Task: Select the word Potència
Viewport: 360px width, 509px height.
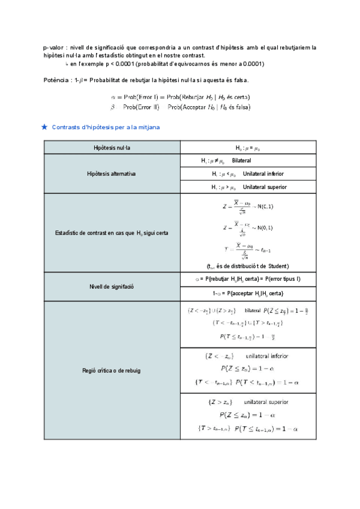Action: click(57, 80)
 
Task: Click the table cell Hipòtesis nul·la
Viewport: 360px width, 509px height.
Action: click(112, 148)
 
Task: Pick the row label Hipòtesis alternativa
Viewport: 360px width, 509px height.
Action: click(112, 174)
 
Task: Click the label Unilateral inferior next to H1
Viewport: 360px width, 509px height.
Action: click(263, 174)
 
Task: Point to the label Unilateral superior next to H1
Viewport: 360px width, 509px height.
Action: click(265, 187)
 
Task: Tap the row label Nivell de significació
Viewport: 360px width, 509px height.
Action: click(112, 287)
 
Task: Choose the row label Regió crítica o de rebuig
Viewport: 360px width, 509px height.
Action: click(112, 371)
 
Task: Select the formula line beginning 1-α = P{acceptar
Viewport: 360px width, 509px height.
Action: click(248, 293)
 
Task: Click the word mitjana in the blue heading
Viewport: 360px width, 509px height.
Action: click(146, 127)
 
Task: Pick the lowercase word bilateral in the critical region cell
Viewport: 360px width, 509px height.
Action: click(253, 310)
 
